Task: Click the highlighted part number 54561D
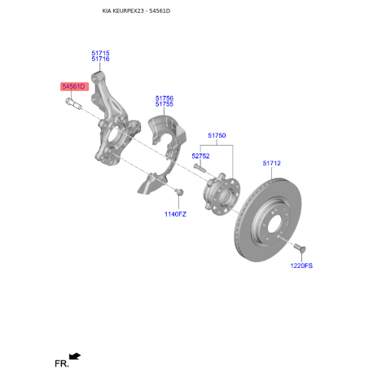coord(74,86)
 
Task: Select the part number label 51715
coord(100,53)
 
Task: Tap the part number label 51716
coord(100,59)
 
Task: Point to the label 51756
coord(165,99)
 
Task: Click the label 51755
coord(165,104)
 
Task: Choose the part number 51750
coord(217,135)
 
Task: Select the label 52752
coord(200,156)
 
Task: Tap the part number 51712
coord(271,163)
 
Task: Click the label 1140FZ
coord(175,214)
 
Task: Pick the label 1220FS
coord(301,265)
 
